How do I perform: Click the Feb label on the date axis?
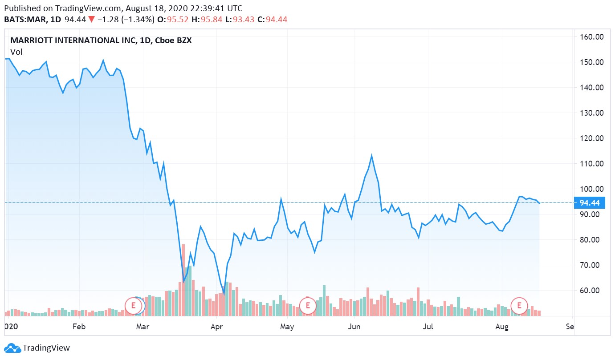pos(78,327)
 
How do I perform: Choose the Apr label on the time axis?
pos(216,327)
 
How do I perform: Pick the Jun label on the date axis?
pos(354,327)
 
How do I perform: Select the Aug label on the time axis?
pos(502,327)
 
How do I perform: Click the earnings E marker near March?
pos(133,306)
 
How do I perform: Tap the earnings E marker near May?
pos(307,306)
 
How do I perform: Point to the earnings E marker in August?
pos(519,306)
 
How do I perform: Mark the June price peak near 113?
pos(371,156)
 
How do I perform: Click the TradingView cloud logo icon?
pos(12,348)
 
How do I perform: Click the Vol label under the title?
pos(16,52)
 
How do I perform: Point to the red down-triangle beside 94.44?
pos(91,20)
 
